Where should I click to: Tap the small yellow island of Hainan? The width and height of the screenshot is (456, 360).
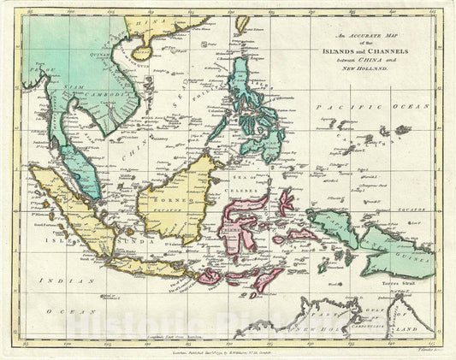coord(141,62)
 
